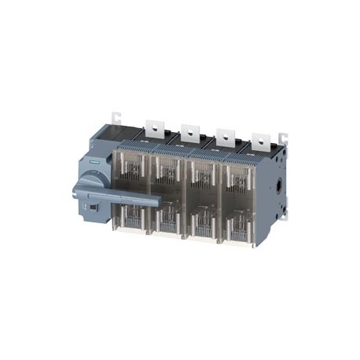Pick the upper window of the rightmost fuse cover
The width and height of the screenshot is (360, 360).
click(237, 182)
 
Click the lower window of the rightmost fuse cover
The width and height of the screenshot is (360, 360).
click(237, 226)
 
